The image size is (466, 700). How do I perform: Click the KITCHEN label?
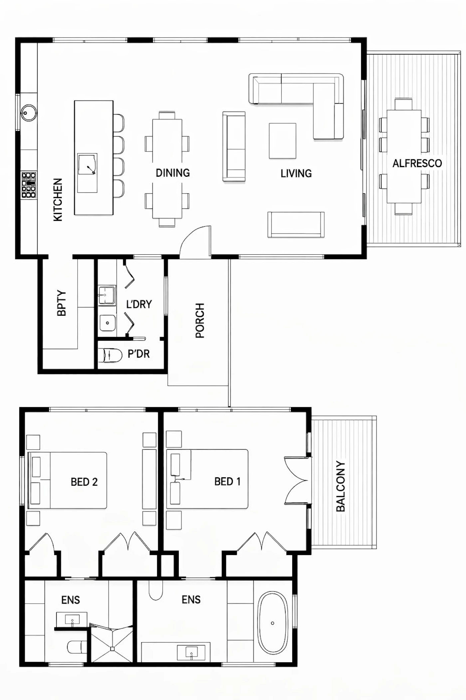(x=58, y=200)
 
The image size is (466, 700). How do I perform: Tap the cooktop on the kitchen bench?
(x=29, y=185)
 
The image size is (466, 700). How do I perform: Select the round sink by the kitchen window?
(x=29, y=113)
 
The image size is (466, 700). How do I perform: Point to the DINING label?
(x=173, y=173)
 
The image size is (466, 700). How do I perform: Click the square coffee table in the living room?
(x=283, y=141)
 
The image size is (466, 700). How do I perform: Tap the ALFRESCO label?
(x=417, y=163)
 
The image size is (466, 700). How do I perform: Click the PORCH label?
(x=200, y=320)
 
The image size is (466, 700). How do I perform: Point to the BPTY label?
(x=62, y=303)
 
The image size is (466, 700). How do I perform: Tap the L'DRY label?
(x=139, y=304)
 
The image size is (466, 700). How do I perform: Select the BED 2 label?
(x=84, y=482)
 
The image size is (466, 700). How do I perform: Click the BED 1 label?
(x=227, y=481)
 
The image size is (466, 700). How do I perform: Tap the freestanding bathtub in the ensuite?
(x=273, y=623)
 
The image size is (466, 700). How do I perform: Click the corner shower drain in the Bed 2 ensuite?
(x=113, y=649)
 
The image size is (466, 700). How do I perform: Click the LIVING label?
(x=296, y=173)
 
